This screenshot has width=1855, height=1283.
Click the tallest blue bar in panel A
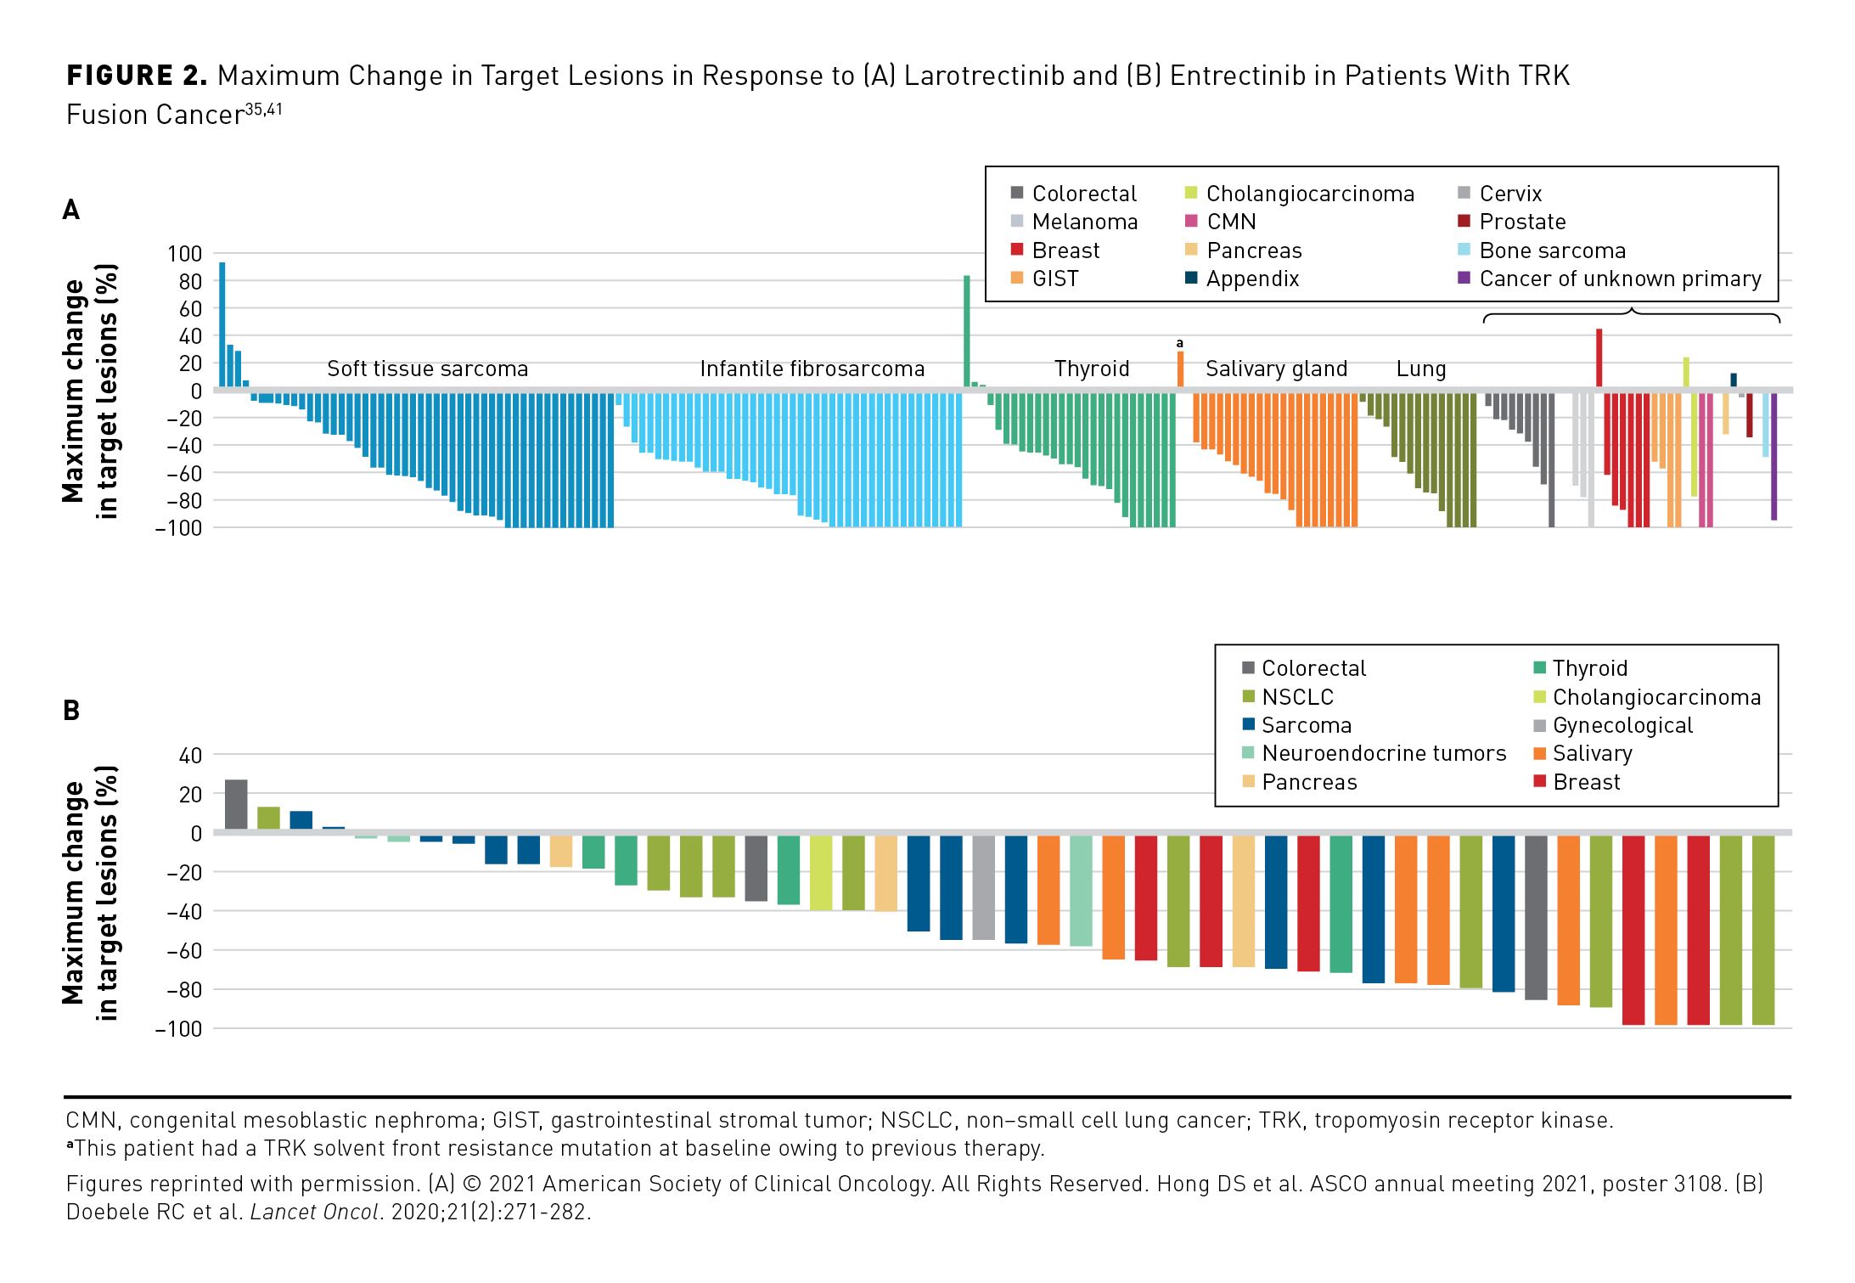click(222, 325)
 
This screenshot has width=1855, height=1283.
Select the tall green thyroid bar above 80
click(967, 332)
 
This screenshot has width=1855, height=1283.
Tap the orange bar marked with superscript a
click(1180, 369)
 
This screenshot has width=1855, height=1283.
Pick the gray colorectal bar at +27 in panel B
click(236, 805)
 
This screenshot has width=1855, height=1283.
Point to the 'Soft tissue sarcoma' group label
click(427, 369)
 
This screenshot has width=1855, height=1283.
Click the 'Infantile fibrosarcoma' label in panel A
click(812, 369)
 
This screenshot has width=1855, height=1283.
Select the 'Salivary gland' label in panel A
click(1276, 369)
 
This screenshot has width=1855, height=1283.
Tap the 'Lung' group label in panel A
click(1420, 369)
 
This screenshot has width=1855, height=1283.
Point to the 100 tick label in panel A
click(185, 254)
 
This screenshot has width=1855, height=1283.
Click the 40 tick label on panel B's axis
click(191, 756)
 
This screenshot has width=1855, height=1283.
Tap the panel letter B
click(71, 711)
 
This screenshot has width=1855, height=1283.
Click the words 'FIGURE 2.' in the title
click(137, 76)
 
